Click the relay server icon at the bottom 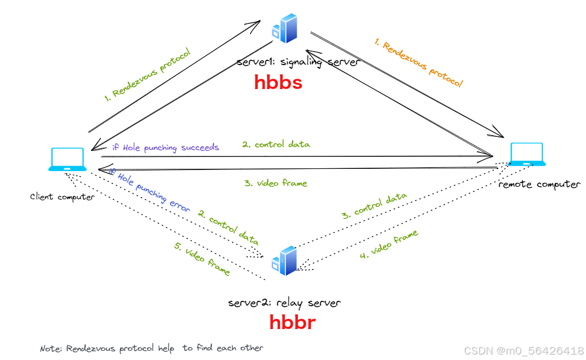(x=285, y=262)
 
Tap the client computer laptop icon (x=67, y=160)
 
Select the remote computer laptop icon (x=528, y=154)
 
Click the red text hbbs (x=278, y=83)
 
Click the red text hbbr (x=292, y=322)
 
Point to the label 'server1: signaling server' (x=298, y=62)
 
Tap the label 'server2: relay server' (x=285, y=302)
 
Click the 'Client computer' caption (x=62, y=197)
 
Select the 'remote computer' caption (x=539, y=185)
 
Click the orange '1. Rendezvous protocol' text (x=418, y=63)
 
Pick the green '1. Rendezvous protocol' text (x=148, y=75)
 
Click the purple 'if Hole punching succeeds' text (x=165, y=147)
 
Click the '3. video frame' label (x=275, y=184)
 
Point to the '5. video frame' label (x=202, y=258)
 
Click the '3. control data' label (x=374, y=206)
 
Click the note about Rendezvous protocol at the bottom (x=151, y=348)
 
